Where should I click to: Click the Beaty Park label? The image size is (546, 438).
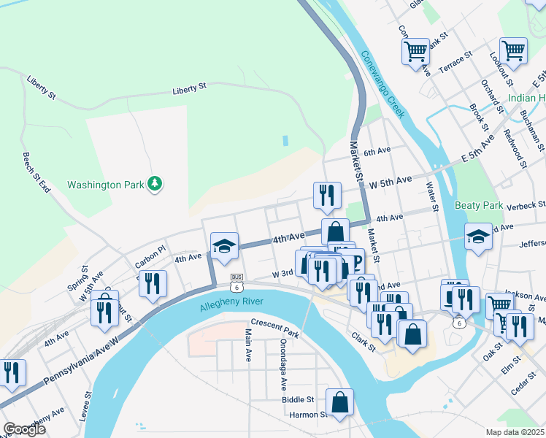tap(477, 206)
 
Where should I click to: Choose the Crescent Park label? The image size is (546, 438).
tap(275, 323)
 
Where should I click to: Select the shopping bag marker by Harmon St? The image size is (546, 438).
tap(339, 402)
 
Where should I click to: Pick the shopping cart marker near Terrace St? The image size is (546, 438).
tap(415, 52)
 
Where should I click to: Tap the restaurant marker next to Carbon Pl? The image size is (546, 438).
tap(153, 284)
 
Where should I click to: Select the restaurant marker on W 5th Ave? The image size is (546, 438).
tap(326, 195)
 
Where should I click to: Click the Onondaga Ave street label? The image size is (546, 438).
tap(282, 363)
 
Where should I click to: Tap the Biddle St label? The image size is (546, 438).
tap(299, 399)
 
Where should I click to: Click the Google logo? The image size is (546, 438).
tap(25, 429)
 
